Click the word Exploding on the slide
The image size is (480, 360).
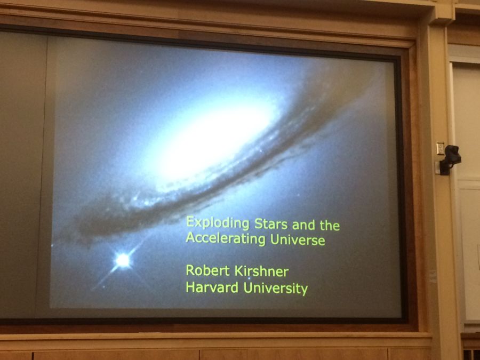pos(218,223)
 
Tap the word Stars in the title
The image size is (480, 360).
pos(271,224)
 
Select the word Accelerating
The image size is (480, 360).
pos(226,239)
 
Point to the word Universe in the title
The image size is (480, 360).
pos(298,239)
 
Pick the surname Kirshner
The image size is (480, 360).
pos(261,271)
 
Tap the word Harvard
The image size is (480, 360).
pos(212,287)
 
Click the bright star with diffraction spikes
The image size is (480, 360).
pos(123,260)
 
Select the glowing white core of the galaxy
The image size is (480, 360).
pos(211,138)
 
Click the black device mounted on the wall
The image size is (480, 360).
pos(450,159)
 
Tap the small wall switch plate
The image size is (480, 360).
pos(440,148)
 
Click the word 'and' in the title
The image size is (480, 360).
pos(303,225)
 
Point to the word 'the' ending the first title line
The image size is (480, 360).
pos(330,226)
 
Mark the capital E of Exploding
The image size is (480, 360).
pos(190,222)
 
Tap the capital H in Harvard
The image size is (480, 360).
pos(190,287)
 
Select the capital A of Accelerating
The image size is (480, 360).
pos(191,237)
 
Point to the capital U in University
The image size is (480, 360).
pos(248,288)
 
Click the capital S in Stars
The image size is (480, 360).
pos(259,224)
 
